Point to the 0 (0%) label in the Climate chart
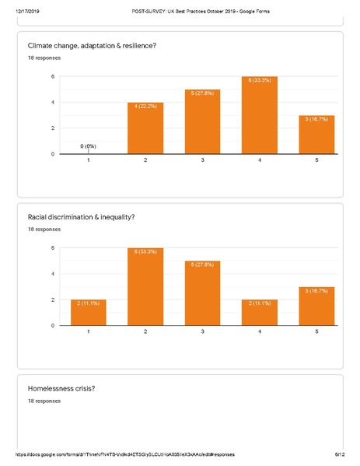click(89, 146)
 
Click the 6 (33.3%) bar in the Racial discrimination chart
click(147, 287)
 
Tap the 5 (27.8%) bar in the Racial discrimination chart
click(202, 293)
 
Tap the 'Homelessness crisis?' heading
click(61, 388)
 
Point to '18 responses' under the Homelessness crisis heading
click(44, 401)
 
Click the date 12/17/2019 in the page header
click(26, 10)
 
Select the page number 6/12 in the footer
click(339, 454)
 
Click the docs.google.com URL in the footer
click(124, 454)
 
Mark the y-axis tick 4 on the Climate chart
click(52, 102)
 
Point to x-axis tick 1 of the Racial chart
click(89, 332)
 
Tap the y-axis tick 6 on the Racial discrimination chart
click(52, 248)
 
